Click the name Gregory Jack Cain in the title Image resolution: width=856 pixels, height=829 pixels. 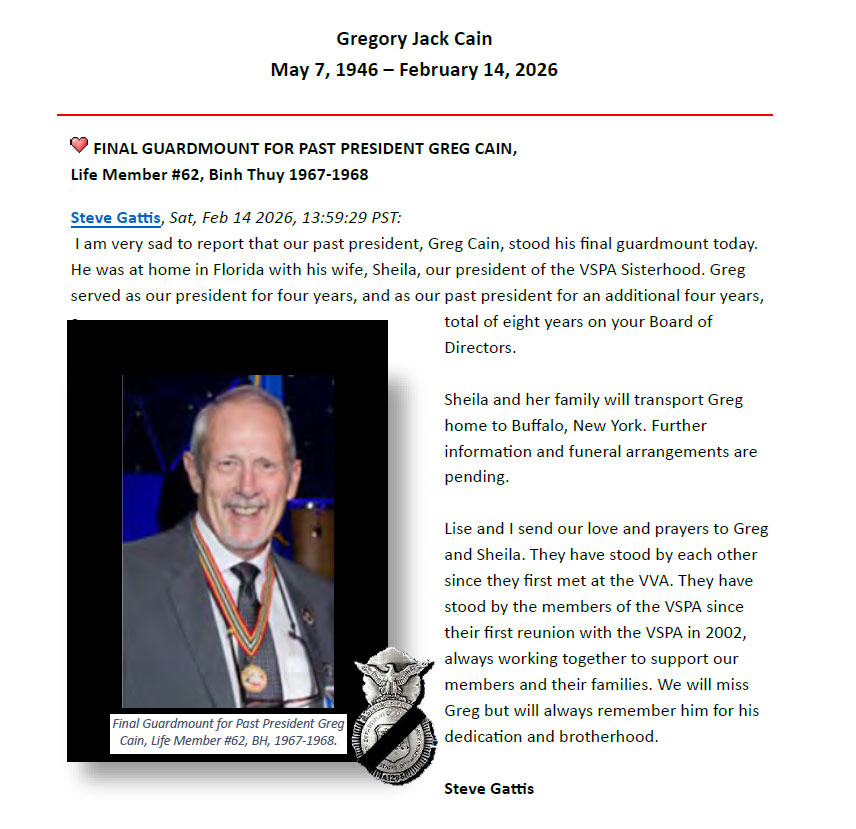(x=414, y=39)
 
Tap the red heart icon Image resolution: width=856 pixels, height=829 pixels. (x=79, y=146)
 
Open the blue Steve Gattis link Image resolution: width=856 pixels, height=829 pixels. (x=116, y=218)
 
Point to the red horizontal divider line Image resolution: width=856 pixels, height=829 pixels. (x=414, y=115)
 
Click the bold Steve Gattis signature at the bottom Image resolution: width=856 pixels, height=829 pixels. (x=489, y=788)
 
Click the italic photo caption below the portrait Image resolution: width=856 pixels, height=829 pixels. (x=228, y=733)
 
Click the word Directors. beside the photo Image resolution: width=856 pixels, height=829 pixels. (x=480, y=348)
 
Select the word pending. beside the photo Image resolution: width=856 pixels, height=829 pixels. (x=477, y=477)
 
